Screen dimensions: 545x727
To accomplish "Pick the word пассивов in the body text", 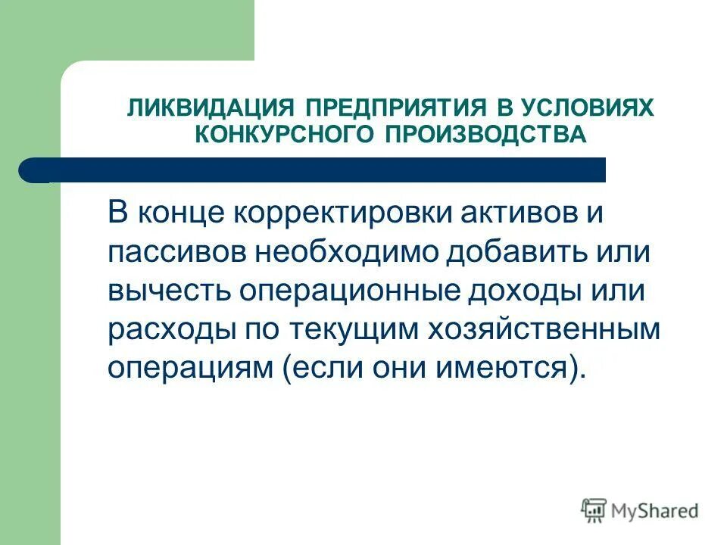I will point(175,251).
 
